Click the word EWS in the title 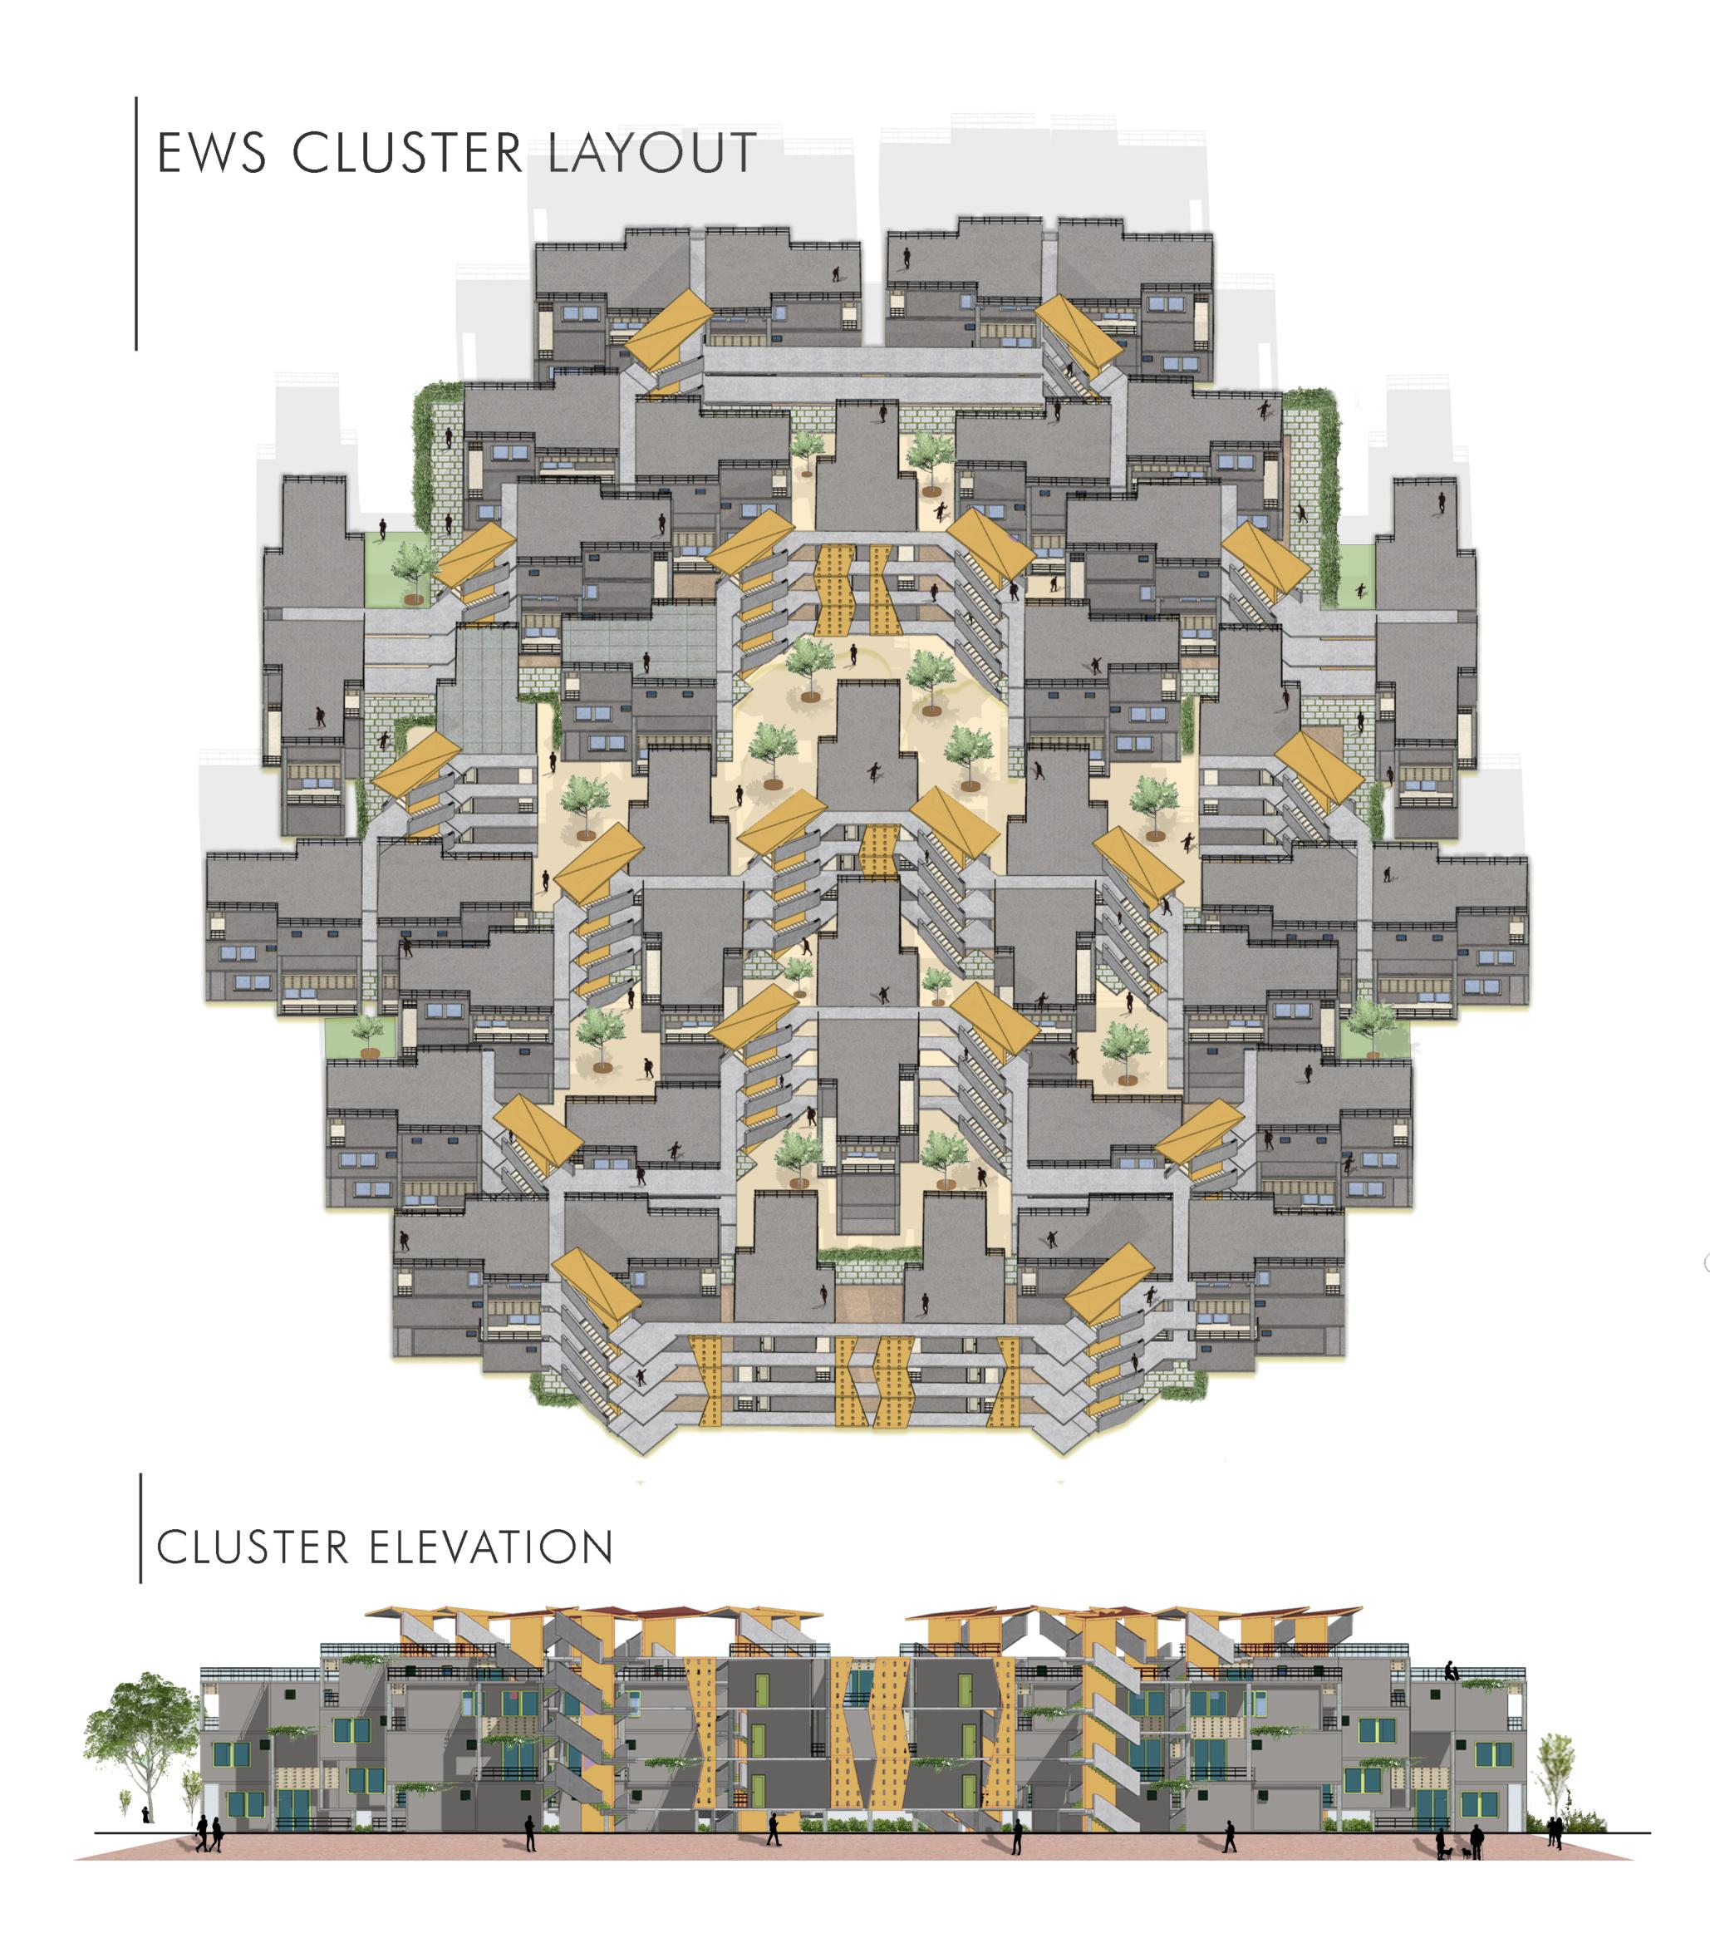point(211,153)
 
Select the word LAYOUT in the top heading point(652,153)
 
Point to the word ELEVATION point(490,1548)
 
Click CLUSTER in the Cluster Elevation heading point(253,1548)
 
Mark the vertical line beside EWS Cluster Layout point(136,224)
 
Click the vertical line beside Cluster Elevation point(140,1527)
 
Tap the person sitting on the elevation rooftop point(1452,1670)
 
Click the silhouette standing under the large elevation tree point(145,1816)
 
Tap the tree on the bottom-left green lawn point(368,1034)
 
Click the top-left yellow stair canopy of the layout point(669,329)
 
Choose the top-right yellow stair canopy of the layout point(1078,335)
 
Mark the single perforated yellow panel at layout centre point(879,849)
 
